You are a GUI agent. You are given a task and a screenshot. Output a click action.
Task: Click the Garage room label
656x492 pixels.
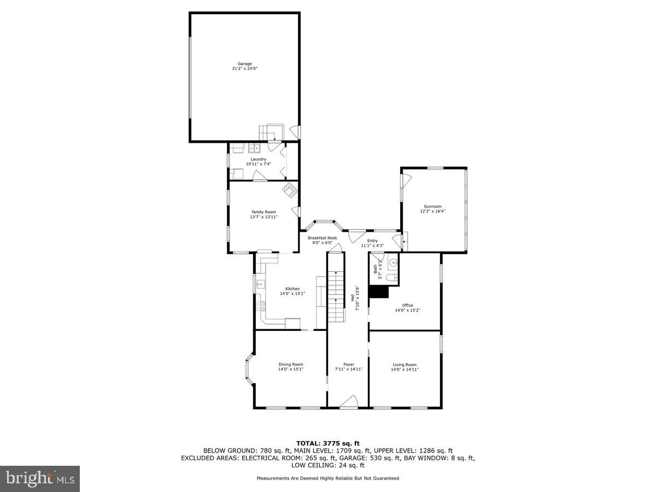[244, 63]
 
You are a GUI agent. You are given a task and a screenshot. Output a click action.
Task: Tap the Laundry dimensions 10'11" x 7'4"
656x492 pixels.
[255, 164]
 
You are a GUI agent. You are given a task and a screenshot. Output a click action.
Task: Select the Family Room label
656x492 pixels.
[263, 212]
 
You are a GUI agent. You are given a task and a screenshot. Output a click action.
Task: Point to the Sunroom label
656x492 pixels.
[432, 206]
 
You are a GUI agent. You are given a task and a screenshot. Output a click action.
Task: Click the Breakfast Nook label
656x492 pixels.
[322, 238]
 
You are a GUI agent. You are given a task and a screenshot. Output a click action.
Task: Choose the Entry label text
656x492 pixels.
[372, 241]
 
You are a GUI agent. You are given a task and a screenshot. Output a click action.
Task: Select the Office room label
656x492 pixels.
[407, 305]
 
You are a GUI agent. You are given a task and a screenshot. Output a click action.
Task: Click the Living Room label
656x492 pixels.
[405, 365]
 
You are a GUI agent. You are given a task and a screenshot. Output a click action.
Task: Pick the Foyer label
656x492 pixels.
[349, 365]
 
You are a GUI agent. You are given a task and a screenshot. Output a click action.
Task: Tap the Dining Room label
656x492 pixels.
[291, 365]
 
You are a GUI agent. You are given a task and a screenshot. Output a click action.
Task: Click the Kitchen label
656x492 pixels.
[292, 289]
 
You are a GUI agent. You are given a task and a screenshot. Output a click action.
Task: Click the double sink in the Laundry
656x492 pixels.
[254, 148]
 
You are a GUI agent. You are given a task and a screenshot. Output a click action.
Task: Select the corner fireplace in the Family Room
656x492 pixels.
[290, 190]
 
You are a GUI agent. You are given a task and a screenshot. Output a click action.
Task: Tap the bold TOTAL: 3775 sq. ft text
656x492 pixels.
[328, 443]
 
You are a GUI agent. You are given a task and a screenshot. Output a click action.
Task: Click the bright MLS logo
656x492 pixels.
[40, 479]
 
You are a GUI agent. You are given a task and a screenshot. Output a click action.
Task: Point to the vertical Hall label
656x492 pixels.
[352, 298]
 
